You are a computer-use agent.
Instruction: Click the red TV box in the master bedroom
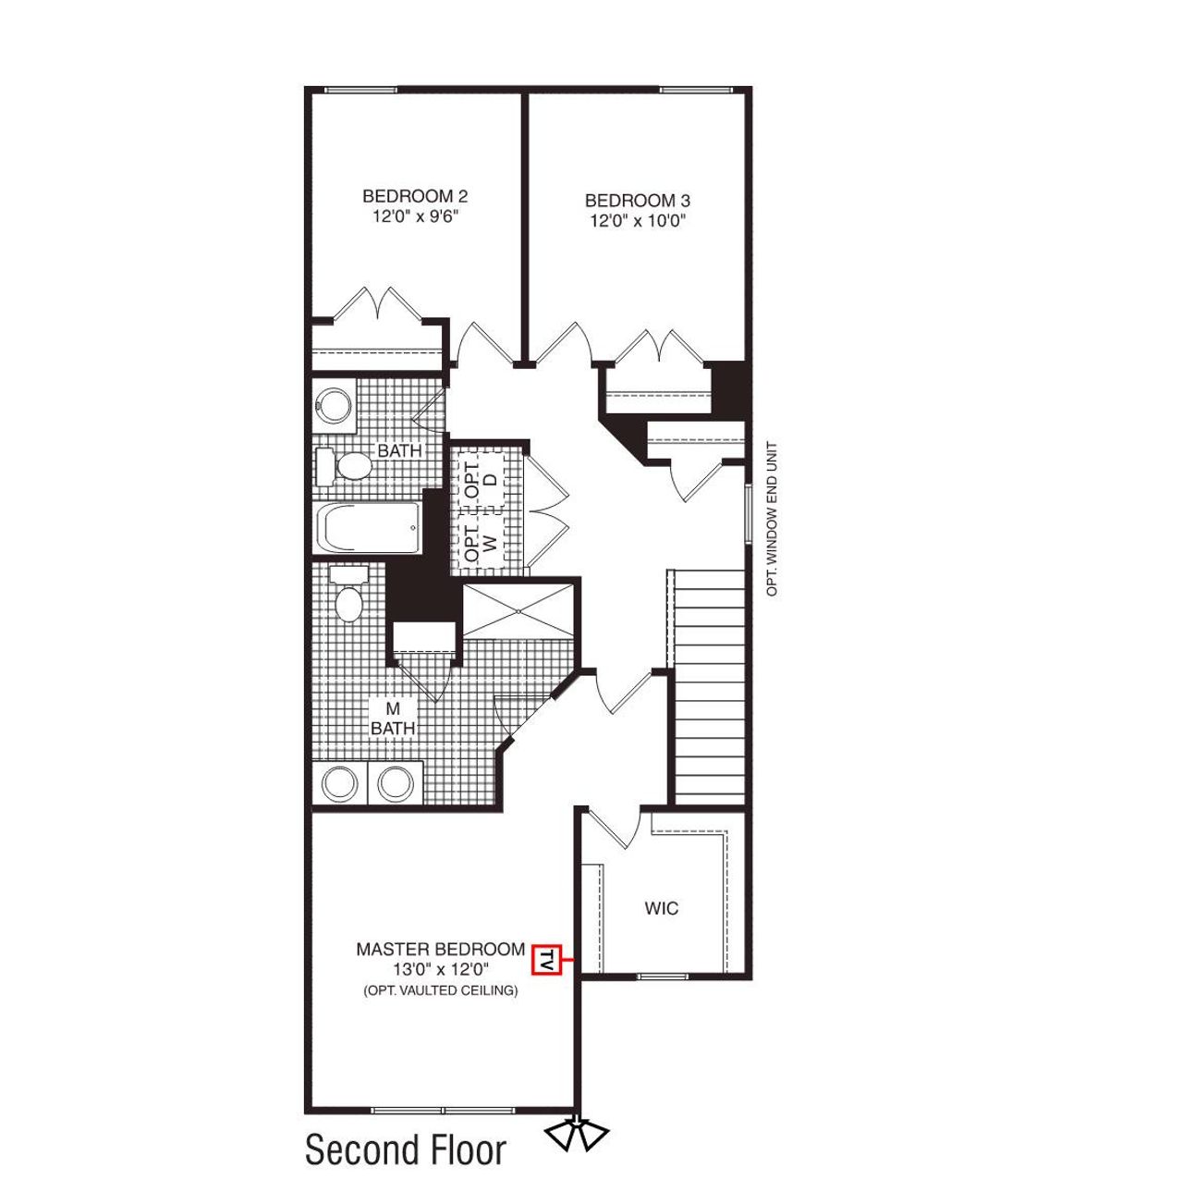[x=547, y=960]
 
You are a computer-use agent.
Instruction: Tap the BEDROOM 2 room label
[x=415, y=196]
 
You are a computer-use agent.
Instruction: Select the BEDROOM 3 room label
[x=638, y=201]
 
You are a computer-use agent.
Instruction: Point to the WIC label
[x=662, y=908]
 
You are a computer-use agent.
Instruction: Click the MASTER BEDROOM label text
[x=441, y=950]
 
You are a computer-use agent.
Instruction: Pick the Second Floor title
[x=406, y=1150]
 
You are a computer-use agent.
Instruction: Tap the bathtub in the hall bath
[x=369, y=528]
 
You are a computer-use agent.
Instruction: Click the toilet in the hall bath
[x=343, y=466]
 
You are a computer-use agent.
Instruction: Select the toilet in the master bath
[x=348, y=598]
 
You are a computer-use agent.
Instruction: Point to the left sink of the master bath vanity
[x=339, y=783]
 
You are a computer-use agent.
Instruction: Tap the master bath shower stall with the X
[x=518, y=610]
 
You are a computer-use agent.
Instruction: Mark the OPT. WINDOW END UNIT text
[x=773, y=519]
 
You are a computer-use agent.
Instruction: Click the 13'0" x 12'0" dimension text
[x=441, y=970]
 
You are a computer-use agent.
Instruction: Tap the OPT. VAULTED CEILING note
[x=441, y=990]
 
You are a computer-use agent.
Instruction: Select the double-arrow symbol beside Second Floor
[x=576, y=1134]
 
